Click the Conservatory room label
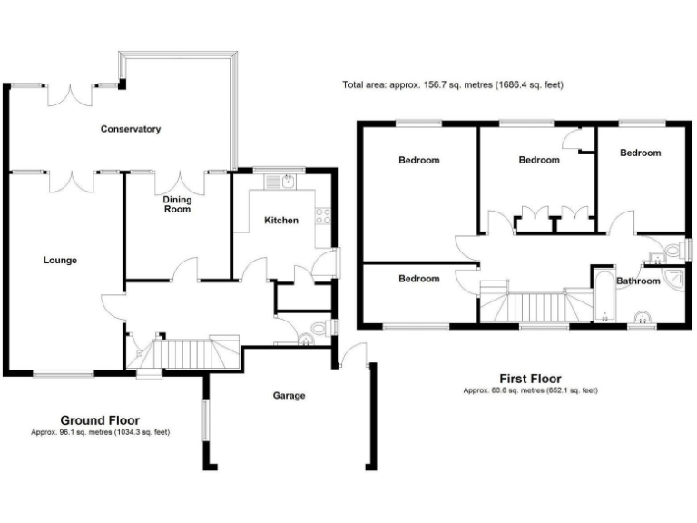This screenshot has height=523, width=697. [x=131, y=129]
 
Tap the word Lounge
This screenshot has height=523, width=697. [x=60, y=260]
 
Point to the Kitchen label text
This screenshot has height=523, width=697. [x=280, y=220]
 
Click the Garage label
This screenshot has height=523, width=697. [x=290, y=395]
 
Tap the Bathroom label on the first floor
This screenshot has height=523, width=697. [x=638, y=281]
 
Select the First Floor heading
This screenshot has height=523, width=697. [x=530, y=379]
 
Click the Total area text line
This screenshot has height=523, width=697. [x=453, y=85]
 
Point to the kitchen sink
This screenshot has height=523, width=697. [x=280, y=182]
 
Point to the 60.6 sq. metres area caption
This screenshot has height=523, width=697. [x=530, y=390]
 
